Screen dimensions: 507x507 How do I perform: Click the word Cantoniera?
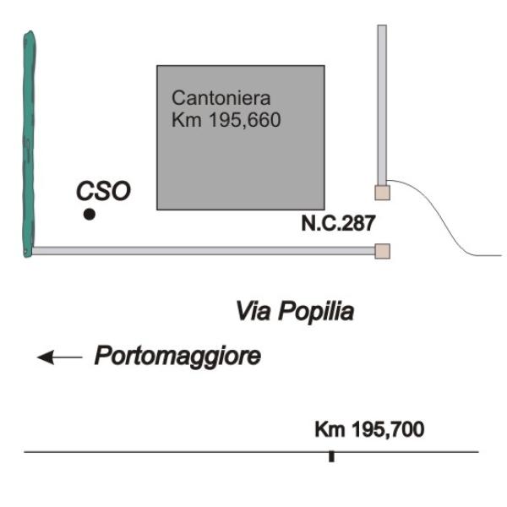[x=221, y=98]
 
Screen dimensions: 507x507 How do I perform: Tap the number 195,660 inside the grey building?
[x=245, y=120]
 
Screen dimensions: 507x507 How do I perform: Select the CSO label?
[x=103, y=191]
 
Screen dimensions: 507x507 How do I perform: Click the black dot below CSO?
[x=90, y=214]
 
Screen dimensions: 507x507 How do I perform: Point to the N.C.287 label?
[x=338, y=223]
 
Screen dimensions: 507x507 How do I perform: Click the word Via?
[x=253, y=311]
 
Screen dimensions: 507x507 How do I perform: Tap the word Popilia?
[x=316, y=313]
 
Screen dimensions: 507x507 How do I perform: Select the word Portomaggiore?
[x=177, y=356]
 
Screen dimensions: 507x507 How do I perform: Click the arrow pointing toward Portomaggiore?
[x=59, y=357]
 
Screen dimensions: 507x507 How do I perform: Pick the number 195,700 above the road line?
[x=388, y=430]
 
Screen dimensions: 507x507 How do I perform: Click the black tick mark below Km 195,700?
[x=331, y=456]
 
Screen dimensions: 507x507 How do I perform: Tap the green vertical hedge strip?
[x=29, y=144]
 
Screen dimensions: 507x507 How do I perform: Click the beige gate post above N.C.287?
[x=382, y=193]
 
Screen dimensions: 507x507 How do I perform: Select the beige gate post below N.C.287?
[x=382, y=251]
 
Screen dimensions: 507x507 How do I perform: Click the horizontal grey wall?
[x=204, y=251]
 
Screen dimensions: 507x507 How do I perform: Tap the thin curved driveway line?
[x=444, y=219]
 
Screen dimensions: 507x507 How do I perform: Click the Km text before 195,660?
[x=187, y=120]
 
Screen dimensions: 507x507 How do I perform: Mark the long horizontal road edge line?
[x=251, y=452]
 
